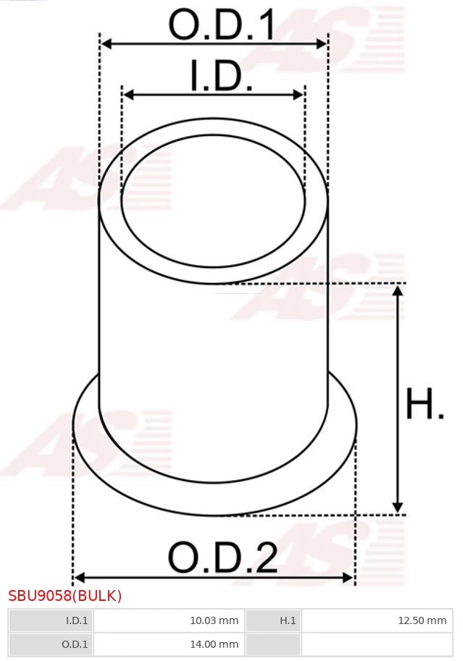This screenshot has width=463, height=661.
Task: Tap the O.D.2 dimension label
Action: click(x=222, y=558)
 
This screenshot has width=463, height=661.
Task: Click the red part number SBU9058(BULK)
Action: click(x=65, y=596)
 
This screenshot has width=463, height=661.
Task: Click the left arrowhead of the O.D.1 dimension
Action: click(x=106, y=44)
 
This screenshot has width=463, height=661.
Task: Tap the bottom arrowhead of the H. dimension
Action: click(x=397, y=508)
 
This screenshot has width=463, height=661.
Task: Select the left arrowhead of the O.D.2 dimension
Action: click(x=79, y=577)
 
